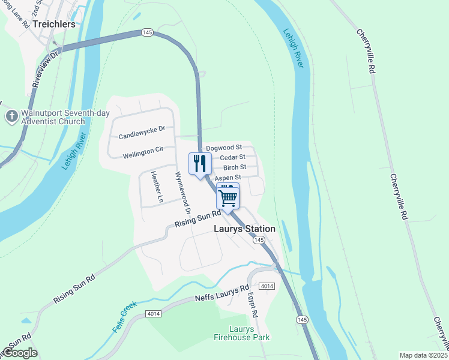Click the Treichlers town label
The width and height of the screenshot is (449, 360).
click(x=55, y=25)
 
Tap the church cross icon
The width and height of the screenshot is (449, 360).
click(x=11, y=116)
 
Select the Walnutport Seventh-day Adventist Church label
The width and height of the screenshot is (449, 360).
click(x=53, y=117)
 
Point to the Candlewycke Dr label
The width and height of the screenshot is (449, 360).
click(x=142, y=129)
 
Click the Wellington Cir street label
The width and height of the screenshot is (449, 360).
click(x=143, y=154)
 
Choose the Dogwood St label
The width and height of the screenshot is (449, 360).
click(x=223, y=147)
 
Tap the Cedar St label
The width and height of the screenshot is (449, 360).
click(x=232, y=157)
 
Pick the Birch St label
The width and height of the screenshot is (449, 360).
click(x=235, y=167)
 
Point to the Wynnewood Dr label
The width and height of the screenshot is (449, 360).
click(x=182, y=194)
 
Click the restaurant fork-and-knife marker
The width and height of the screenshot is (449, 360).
click(x=200, y=163)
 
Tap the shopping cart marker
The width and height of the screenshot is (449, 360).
click(x=228, y=196)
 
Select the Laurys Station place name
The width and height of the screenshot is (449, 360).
click(x=245, y=229)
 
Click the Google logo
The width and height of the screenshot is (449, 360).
click(x=19, y=353)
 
